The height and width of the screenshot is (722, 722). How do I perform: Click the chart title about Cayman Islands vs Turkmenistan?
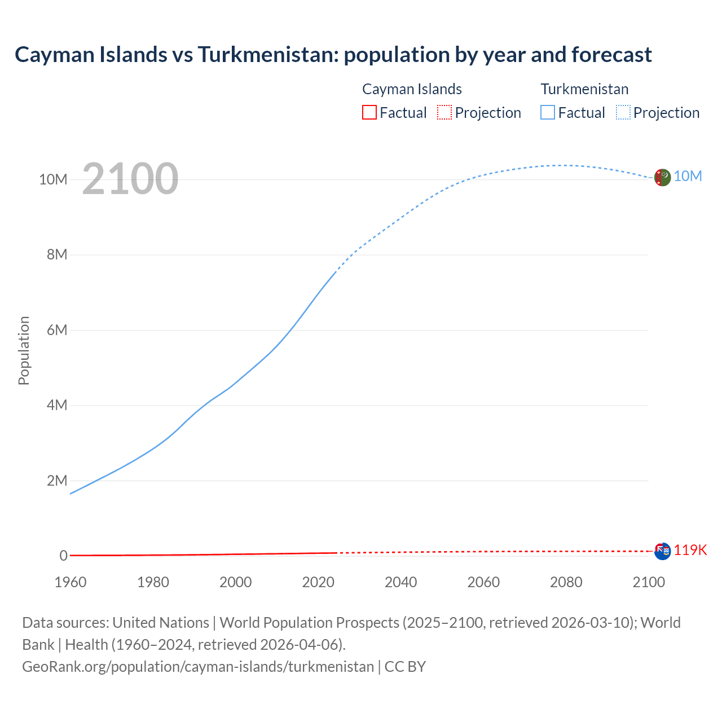point(333,55)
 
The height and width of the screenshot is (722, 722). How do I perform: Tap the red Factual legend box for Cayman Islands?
point(369,113)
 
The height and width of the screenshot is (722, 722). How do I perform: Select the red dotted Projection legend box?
point(444,113)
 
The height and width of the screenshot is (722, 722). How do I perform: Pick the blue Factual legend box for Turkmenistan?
point(548,113)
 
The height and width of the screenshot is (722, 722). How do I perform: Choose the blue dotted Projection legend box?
point(623,113)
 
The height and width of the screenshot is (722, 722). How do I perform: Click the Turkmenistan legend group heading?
point(584,89)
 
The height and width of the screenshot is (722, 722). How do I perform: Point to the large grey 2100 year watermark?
point(130,179)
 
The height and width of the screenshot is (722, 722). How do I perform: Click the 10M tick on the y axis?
point(53,179)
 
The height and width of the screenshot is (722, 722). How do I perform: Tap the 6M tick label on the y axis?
point(57,330)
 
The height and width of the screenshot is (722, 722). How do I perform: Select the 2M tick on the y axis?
point(57,481)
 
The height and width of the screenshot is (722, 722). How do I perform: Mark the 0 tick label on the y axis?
point(63,556)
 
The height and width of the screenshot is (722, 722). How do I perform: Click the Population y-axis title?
point(24,350)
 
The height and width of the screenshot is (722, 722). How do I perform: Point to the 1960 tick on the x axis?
point(71,582)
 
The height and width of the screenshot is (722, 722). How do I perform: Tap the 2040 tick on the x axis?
point(400,582)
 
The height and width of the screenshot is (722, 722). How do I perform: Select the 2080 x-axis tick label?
point(566,582)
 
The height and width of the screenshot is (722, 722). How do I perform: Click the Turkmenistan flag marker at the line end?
point(662,177)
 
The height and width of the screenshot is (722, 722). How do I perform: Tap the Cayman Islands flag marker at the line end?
point(662,551)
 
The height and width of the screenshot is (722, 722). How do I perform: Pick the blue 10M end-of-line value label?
point(688,177)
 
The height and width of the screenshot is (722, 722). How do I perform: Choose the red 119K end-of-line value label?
point(690,550)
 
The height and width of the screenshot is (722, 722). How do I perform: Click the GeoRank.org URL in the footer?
point(198,667)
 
